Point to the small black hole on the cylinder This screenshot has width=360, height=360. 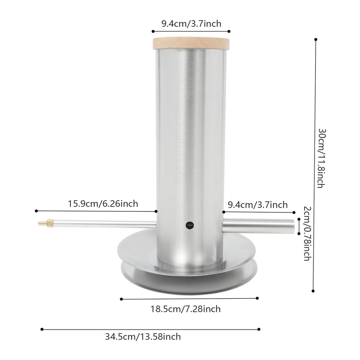189,225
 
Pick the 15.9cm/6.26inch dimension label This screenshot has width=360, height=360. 103,204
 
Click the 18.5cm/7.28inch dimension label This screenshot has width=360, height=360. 186,309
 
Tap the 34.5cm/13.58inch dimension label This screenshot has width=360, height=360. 143,337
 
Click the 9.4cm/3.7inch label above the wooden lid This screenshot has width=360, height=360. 191,24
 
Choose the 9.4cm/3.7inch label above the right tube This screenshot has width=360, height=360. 258,205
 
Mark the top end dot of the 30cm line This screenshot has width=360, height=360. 316,39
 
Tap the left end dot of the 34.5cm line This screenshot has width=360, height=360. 42,329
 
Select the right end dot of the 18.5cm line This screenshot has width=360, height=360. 258,298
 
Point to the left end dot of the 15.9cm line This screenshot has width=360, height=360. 37,211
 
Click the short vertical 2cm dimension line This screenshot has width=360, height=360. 299,226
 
